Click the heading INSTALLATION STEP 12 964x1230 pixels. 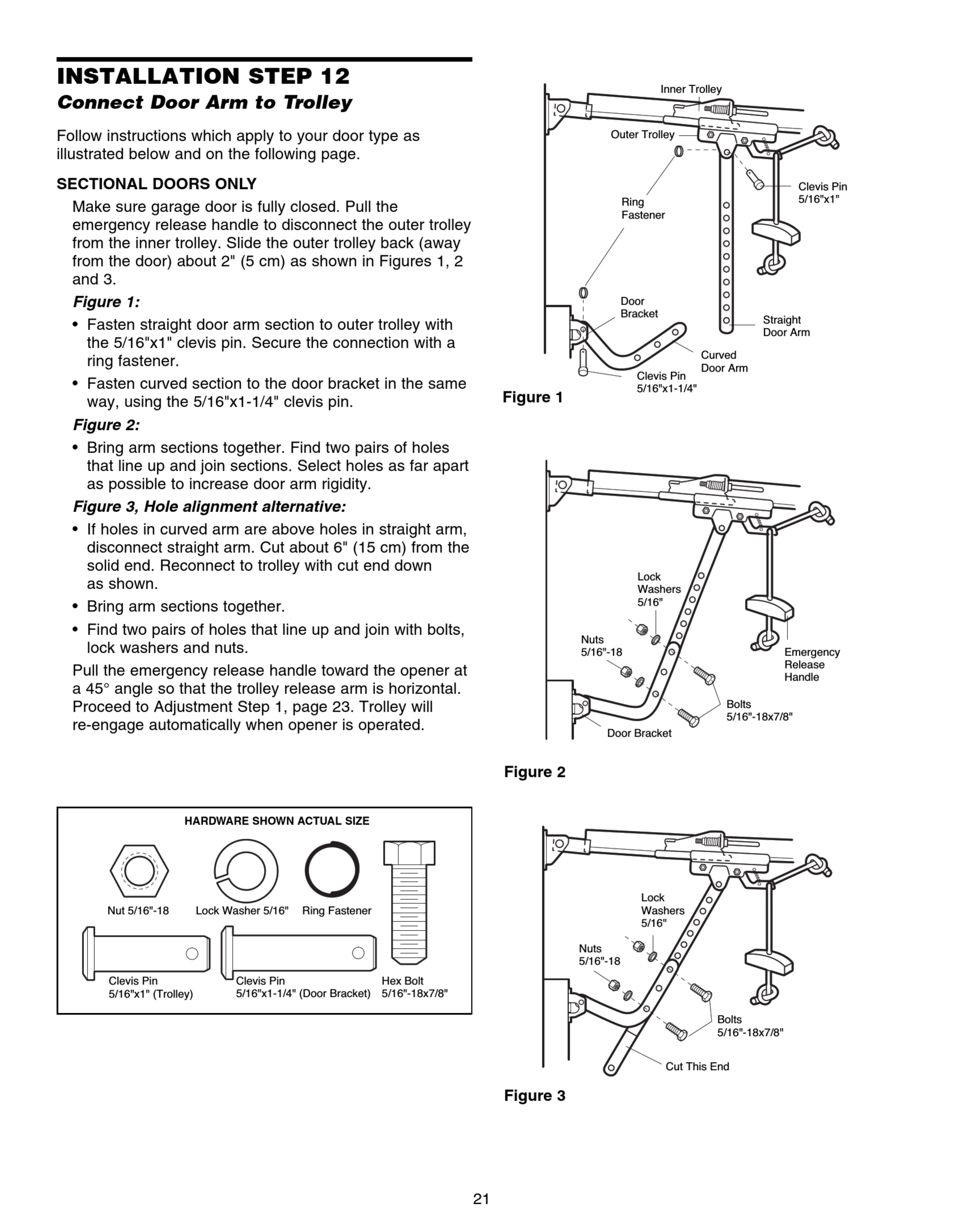click(203, 76)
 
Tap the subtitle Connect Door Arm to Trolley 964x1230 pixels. click(204, 103)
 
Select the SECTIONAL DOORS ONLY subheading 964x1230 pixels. click(156, 184)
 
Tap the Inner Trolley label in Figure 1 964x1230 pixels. click(691, 89)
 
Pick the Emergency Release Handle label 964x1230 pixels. click(812, 665)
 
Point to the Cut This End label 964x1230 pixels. click(697, 1066)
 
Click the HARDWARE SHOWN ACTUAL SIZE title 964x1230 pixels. click(276, 821)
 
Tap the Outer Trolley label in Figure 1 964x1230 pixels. click(642, 134)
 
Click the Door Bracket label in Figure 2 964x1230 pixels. click(639, 733)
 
